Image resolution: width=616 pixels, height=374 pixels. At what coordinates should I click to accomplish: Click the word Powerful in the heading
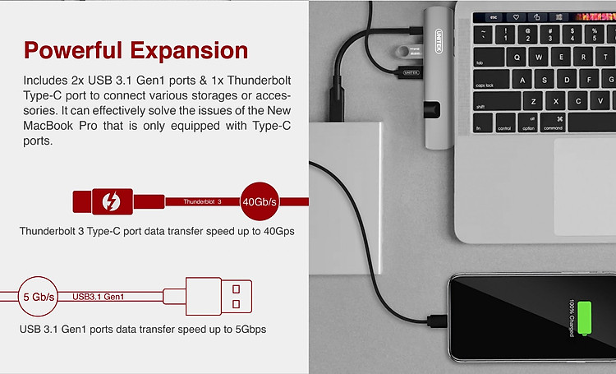pos(73,50)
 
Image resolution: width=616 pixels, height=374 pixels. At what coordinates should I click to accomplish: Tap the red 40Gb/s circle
pos(260,201)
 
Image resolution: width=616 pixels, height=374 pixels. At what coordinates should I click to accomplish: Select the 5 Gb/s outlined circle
pos(38,296)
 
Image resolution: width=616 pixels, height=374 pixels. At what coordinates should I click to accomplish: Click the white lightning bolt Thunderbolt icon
pos(111,201)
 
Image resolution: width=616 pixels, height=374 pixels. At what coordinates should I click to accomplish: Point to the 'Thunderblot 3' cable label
pos(202,201)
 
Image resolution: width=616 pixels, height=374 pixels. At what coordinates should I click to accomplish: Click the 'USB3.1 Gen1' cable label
pos(99,297)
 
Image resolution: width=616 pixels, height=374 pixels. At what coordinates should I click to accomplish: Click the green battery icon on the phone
pos(585,318)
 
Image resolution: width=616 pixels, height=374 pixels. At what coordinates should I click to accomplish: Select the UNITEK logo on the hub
pos(439,41)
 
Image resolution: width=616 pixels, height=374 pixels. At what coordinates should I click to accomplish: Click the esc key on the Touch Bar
pos(494,17)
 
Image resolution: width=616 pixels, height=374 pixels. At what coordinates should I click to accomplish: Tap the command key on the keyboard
pos(553,122)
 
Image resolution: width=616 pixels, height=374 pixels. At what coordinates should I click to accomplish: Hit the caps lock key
pos(491,79)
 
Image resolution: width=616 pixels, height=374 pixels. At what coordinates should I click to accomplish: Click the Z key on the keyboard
pos(533,101)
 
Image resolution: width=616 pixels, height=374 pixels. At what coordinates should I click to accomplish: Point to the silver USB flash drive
pos(409,51)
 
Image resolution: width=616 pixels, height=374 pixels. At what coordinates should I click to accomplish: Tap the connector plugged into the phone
pos(437,321)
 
